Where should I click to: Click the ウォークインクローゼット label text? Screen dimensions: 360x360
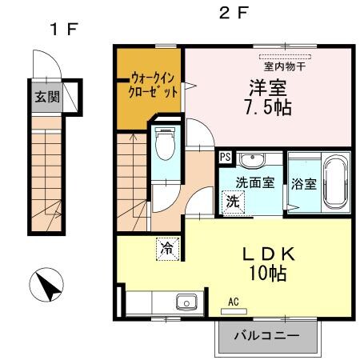click(150, 85)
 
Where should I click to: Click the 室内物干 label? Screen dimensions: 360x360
click(288, 66)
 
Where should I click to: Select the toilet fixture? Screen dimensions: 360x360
click(166, 146)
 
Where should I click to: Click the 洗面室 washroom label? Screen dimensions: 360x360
click(254, 182)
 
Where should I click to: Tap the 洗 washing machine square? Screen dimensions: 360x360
click(232, 202)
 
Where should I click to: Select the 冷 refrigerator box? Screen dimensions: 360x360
click(167, 249)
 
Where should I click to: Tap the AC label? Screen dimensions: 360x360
click(234, 301)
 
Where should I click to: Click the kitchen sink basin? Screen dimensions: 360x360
click(186, 302)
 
